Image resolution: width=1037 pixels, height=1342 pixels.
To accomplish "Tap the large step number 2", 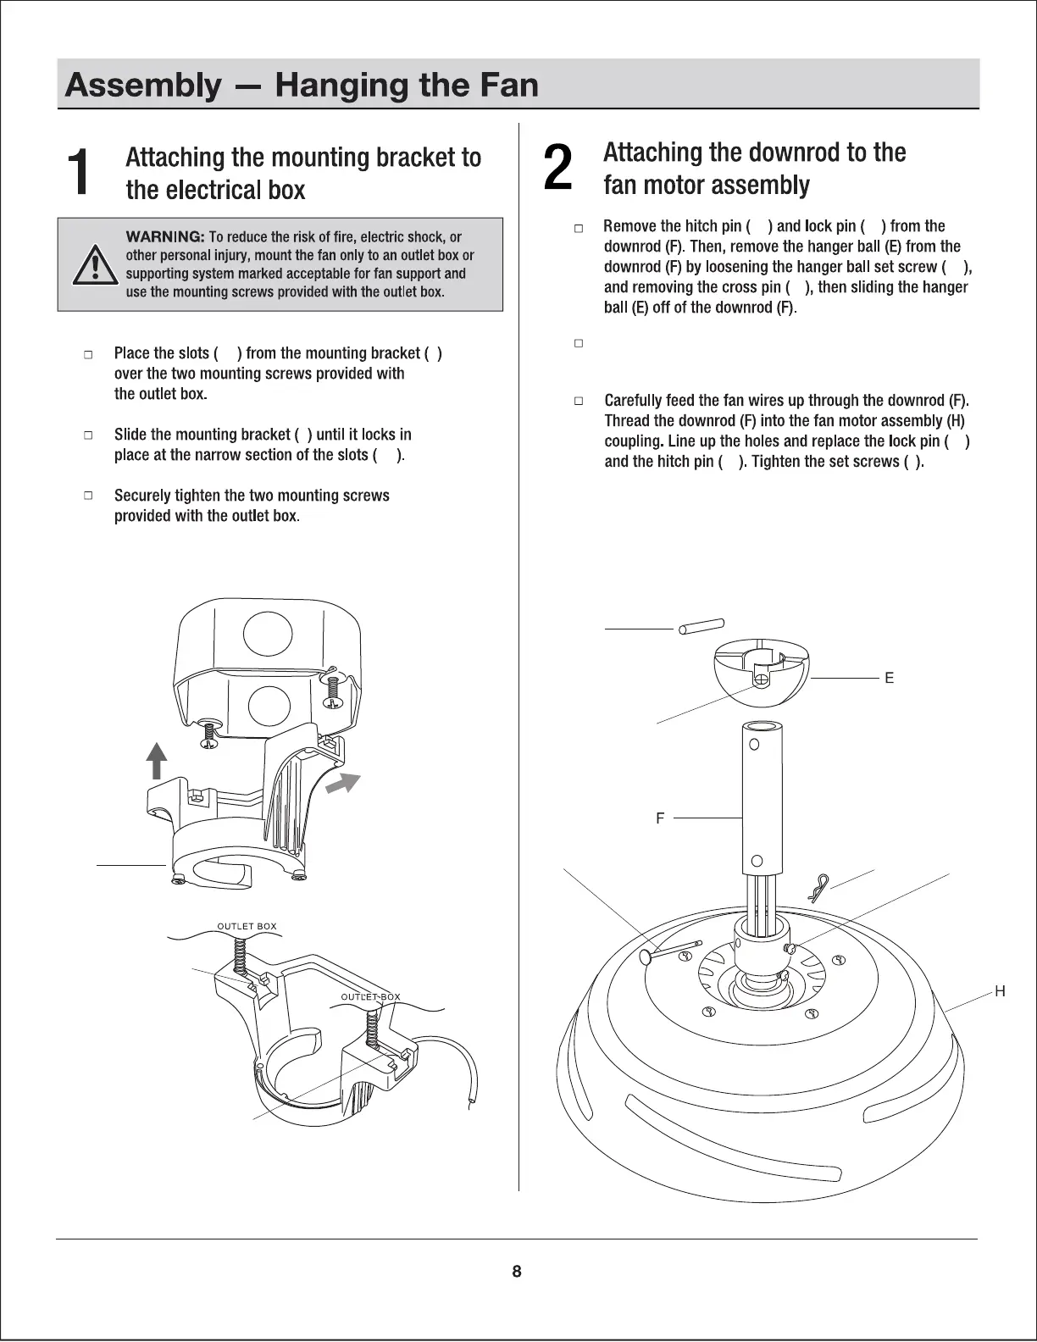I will tap(557, 168).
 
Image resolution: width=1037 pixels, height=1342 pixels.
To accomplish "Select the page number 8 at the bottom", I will tap(517, 1271).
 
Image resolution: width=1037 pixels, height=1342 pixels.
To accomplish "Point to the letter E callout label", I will tap(889, 678).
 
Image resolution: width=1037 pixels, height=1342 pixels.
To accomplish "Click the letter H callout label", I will tap(1000, 991).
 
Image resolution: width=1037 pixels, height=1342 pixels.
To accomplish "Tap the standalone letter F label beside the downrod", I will tap(660, 818).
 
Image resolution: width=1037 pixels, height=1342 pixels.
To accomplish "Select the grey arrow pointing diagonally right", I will tap(344, 785).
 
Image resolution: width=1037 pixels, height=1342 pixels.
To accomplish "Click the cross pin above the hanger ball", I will tap(701, 626).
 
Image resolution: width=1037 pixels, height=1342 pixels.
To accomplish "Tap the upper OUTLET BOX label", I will tap(247, 926).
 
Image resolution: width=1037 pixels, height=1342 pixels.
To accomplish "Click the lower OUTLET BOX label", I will tap(370, 997).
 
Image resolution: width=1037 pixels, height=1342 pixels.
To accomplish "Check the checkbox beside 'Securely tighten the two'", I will tap(87, 496).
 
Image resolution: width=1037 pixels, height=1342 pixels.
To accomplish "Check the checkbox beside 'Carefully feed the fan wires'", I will tap(579, 401).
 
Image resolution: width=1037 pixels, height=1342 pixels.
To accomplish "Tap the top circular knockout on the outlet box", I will tap(268, 634).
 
